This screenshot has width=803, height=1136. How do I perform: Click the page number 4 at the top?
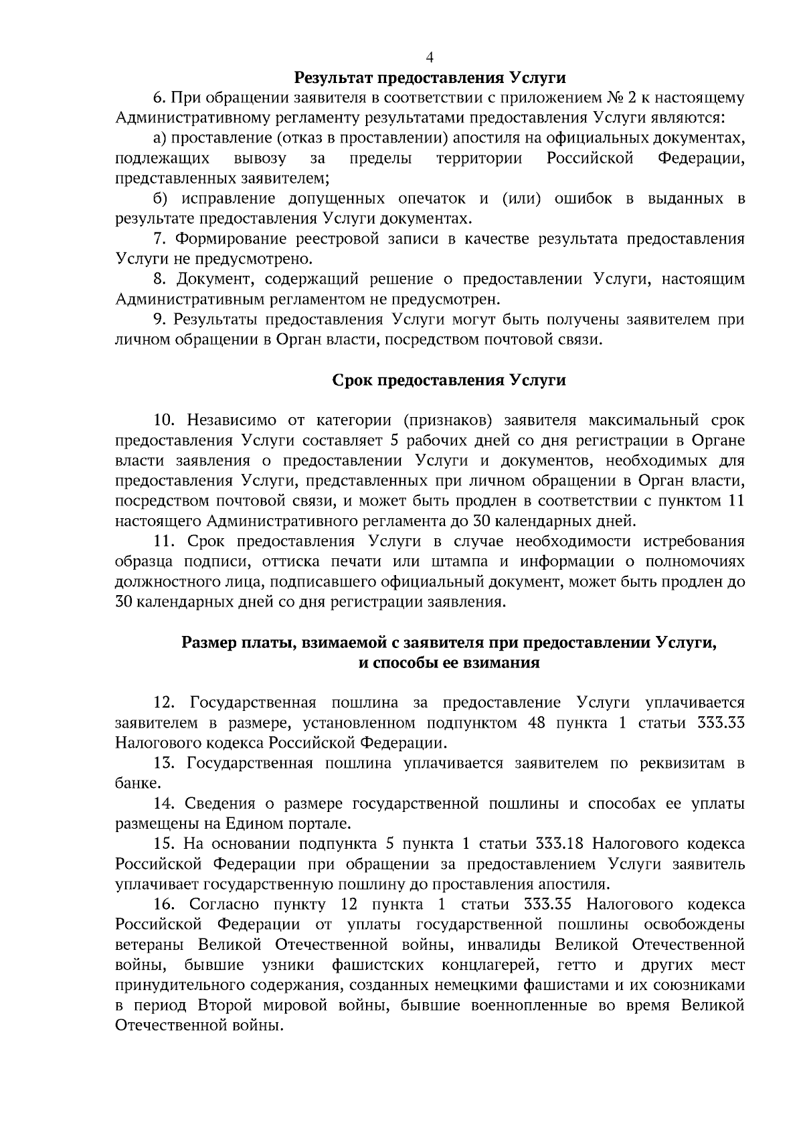click(x=430, y=58)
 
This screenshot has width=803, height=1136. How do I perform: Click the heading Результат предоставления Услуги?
click(x=430, y=78)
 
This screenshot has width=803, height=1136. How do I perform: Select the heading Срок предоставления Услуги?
click(x=449, y=381)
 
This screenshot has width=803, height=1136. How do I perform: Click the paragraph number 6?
click(x=159, y=98)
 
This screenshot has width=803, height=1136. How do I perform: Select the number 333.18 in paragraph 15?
click(x=560, y=844)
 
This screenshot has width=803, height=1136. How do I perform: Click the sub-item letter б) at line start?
click(x=159, y=199)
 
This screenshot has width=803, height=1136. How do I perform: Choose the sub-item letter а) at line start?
click(x=159, y=139)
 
